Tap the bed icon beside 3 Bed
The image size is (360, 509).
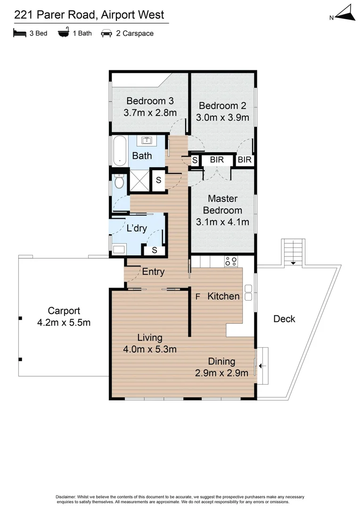pyautogui.click(x=19, y=33)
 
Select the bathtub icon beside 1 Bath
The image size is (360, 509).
pyautogui.click(x=63, y=33)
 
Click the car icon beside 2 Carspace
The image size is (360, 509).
pyautogui.click(x=106, y=33)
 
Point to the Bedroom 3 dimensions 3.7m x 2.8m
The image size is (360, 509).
pyautogui.click(x=150, y=113)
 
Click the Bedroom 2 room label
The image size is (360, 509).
pyautogui.click(x=222, y=106)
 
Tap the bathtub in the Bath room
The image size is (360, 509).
pyautogui.click(x=119, y=151)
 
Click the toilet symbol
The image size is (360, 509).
pyautogui.click(x=119, y=181)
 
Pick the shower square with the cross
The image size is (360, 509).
pyautogui.click(x=140, y=181)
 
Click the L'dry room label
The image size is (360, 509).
pyautogui.click(x=137, y=229)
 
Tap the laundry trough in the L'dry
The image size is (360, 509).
pyautogui.click(x=118, y=249)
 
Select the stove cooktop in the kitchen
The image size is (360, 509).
pyautogui.click(x=231, y=261)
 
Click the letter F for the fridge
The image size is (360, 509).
pyautogui.click(x=198, y=297)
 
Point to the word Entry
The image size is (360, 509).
pyautogui.click(x=153, y=271)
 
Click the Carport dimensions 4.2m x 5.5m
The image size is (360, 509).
pyautogui.click(x=64, y=323)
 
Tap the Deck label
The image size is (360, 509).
pyautogui.click(x=284, y=319)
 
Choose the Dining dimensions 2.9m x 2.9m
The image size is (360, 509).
pyautogui.click(x=221, y=373)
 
